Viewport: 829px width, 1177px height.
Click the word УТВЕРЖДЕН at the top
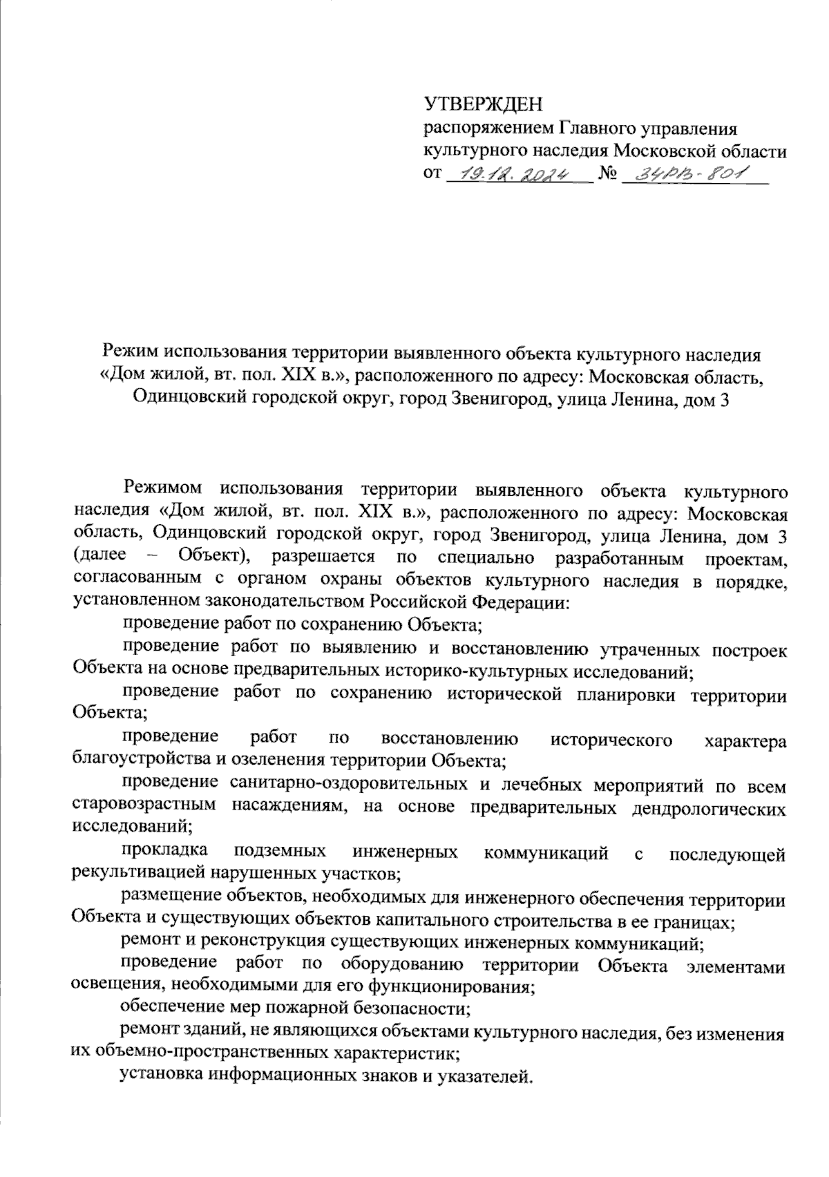(483, 104)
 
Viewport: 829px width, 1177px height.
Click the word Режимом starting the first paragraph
(163, 489)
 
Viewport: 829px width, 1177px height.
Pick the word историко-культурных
(468, 670)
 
